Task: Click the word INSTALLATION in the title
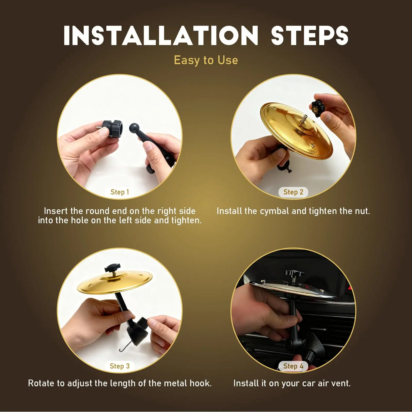tap(161, 36)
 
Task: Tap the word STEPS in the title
tap(310, 36)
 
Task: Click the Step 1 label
tap(120, 192)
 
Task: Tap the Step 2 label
tap(293, 192)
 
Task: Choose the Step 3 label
tap(120, 366)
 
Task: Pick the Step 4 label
tap(293, 366)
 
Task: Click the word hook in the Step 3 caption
tap(200, 383)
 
